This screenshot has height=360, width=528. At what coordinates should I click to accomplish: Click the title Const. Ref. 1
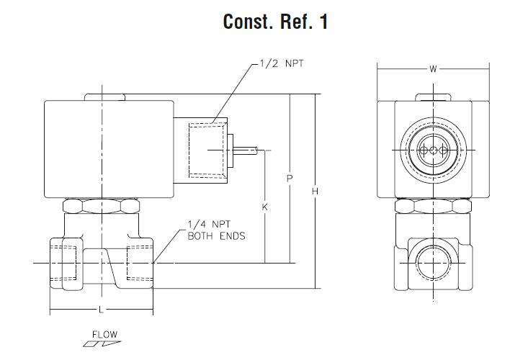click(276, 22)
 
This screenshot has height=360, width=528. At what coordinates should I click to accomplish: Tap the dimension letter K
click(265, 207)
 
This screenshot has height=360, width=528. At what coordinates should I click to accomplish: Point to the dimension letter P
click(289, 177)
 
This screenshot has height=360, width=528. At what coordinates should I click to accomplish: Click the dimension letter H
click(315, 191)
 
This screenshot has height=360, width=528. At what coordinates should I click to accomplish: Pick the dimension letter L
click(100, 310)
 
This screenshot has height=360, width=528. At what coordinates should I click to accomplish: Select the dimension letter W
click(433, 70)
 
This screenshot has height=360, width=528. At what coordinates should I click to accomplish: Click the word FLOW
click(104, 334)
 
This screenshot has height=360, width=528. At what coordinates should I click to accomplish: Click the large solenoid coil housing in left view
click(108, 148)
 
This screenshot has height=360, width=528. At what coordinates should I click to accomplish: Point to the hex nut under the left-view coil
click(101, 207)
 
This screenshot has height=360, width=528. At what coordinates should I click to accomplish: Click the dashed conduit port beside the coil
click(205, 150)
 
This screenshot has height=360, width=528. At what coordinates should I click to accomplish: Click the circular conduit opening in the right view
click(434, 150)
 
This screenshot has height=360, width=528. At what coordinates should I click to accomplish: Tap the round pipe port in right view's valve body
click(433, 264)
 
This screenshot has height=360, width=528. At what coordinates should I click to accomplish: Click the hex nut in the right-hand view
click(433, 207)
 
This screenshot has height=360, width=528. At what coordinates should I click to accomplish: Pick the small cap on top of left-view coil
click(104, 97)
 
